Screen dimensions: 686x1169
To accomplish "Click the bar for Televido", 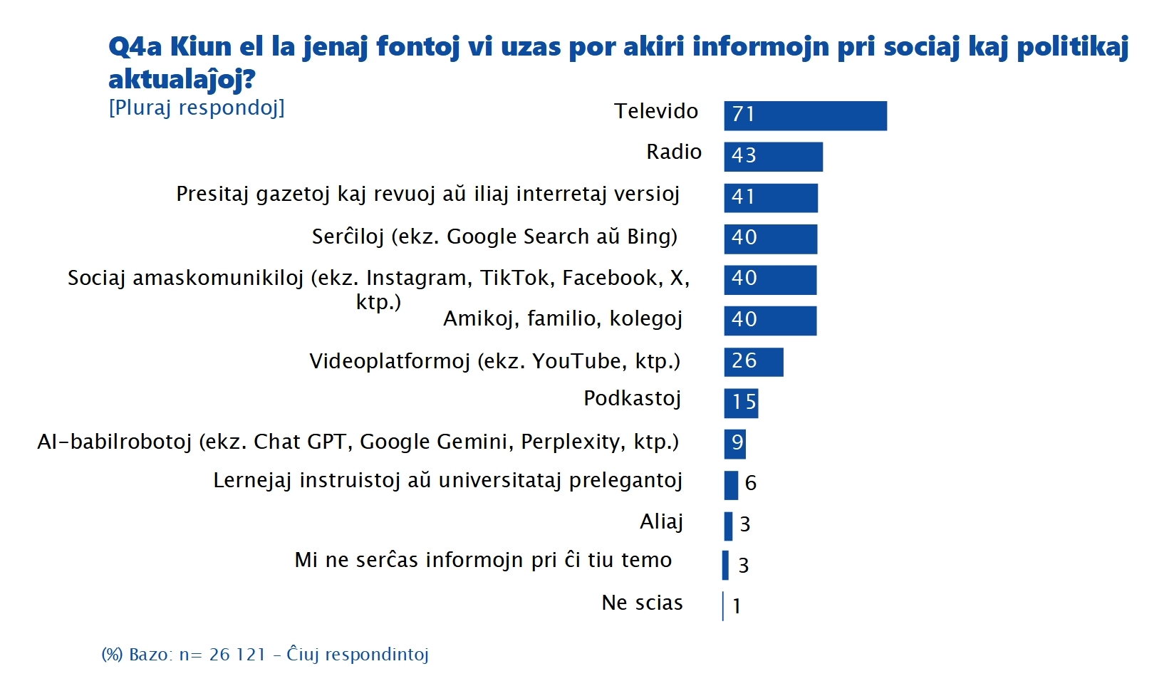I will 805,115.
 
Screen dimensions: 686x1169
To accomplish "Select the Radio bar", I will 773,157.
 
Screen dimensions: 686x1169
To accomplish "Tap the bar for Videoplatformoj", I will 754,362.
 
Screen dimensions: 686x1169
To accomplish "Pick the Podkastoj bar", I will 741,403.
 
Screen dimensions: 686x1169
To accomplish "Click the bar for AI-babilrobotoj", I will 734,444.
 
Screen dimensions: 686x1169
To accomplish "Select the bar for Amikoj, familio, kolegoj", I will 770,321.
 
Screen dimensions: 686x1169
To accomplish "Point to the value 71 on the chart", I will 743,114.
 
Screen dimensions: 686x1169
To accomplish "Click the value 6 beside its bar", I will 750,484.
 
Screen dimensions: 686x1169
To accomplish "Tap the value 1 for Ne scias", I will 737,606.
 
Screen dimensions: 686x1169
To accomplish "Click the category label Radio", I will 673,152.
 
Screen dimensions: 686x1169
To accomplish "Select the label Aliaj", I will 661,522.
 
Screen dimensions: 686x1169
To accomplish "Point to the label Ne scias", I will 642,603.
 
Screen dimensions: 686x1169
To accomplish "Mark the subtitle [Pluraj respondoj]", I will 197,108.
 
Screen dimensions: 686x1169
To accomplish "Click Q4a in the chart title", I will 135,47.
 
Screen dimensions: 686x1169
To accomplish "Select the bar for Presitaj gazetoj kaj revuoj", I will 771,198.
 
